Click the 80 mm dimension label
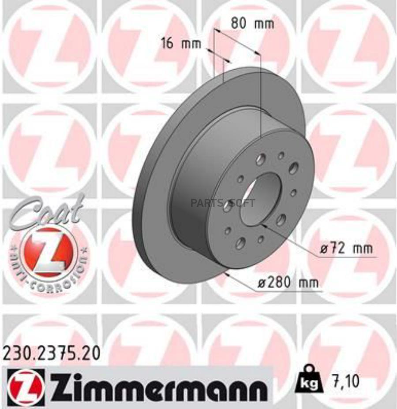coord(252,23)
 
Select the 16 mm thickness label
coord(181,43)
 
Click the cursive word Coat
coord(49,211)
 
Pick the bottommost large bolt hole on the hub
coord(240,243)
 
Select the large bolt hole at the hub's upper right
coord(294,167)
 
